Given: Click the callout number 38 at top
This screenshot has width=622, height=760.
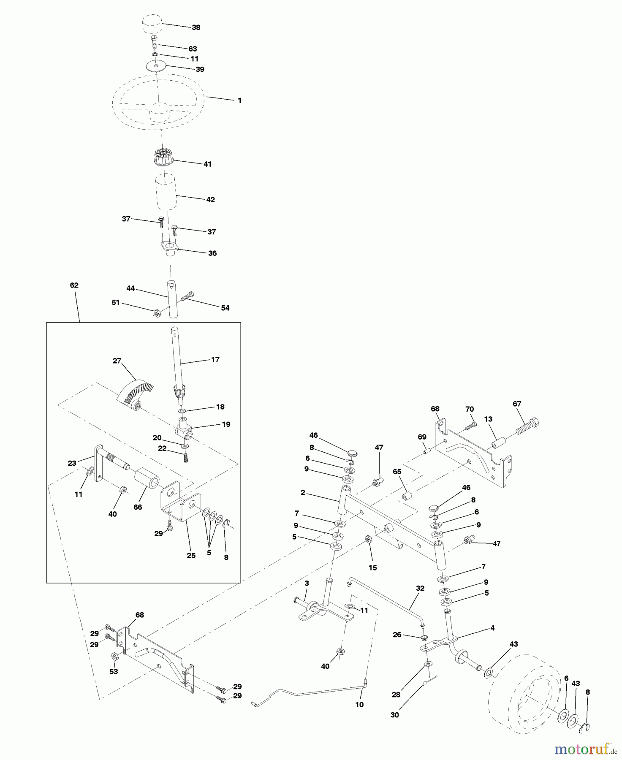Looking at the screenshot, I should click(196, 27).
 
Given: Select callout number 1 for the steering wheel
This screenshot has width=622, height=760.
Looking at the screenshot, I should click(239, 101).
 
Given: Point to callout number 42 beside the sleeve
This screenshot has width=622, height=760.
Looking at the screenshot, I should click(210, 200).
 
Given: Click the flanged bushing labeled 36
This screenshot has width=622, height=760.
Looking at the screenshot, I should click(169, 248).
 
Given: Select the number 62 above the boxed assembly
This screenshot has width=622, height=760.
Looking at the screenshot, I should click(74, 285).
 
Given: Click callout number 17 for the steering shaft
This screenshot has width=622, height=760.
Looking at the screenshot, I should click(215, 360).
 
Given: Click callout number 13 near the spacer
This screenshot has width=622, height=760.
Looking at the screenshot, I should click(488, 419).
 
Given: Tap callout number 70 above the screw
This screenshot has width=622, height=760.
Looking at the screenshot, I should click(470, 409).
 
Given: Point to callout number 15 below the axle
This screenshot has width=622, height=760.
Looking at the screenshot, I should click(372, 568).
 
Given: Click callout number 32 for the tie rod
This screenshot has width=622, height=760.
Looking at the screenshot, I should click(420, 588).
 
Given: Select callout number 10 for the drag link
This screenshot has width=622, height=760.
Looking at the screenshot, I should click(359, 705).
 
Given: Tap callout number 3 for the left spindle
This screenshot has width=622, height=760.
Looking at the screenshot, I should click(307, 583).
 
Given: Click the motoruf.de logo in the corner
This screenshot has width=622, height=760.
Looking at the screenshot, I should click(585, 749).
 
